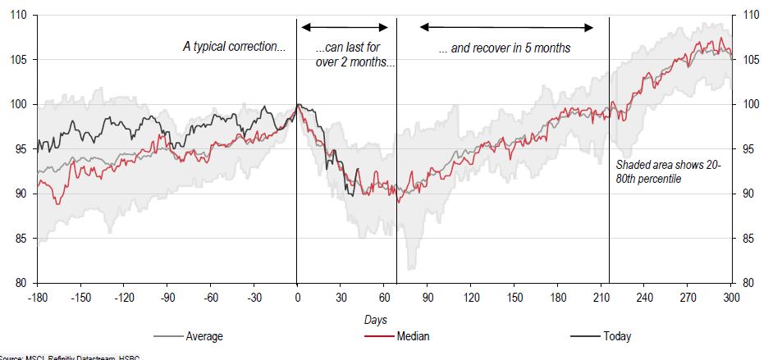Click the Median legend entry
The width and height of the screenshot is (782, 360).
tap(413, 335)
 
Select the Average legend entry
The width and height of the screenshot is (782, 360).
tap(204, 335)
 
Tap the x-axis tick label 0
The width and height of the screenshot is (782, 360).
tap(297, 297)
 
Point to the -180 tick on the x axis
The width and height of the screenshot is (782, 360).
tap(37, 297)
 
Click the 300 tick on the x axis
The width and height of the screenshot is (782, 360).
tap(730, 297)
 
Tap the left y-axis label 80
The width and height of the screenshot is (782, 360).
tap(19, 283)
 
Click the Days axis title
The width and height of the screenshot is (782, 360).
tap(376, 318)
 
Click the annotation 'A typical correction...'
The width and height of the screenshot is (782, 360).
tap(234, 48)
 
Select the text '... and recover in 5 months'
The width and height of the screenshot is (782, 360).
tap(505, 48)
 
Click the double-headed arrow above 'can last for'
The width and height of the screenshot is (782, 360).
tap(345, 27)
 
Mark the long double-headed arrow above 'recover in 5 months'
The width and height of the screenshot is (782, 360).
tap(506, 27)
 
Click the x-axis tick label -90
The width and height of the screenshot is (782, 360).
tap(167, 297)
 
